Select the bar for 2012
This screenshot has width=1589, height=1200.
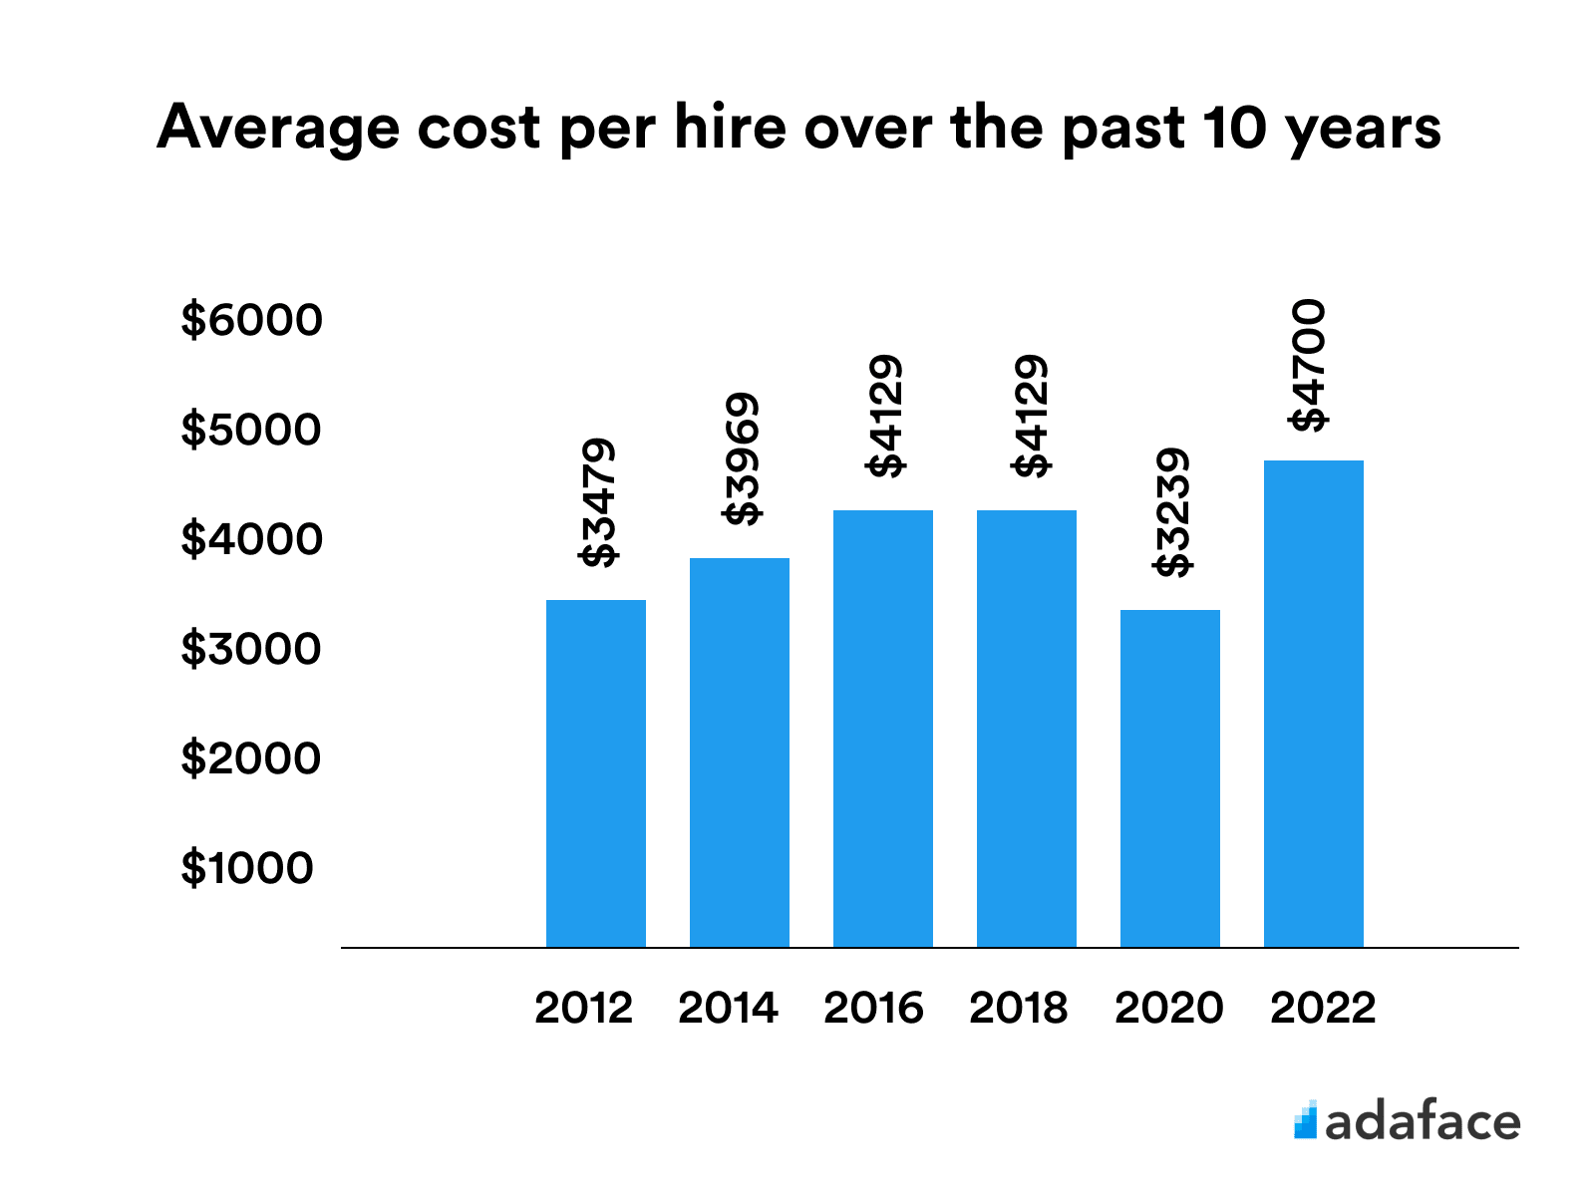coord(596,772)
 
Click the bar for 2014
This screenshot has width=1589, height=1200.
coord(740,752)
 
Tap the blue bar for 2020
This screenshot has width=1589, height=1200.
coord(1170,777)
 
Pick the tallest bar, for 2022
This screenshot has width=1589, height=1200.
coord(1314,703)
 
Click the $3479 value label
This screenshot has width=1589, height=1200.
coord(599,503)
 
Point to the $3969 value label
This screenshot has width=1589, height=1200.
coord(743,458)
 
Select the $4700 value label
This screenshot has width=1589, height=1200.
coord(1309,365)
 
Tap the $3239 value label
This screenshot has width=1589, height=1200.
coord(1173,513)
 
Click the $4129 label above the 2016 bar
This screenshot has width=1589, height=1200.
coord(886,416)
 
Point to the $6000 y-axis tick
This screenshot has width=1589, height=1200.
coord(251,320)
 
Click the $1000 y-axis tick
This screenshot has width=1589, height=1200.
coord(247,868)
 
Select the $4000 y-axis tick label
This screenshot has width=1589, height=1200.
coord(251,539)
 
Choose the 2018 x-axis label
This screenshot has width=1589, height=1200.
coord(1018,1008)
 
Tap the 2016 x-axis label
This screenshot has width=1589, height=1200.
coord(873,1008)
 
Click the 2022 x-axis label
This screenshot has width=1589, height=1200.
coord(1323,1008)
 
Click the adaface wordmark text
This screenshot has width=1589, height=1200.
coord(1423,1122)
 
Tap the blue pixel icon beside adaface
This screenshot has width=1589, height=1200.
coord(1305,1120)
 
